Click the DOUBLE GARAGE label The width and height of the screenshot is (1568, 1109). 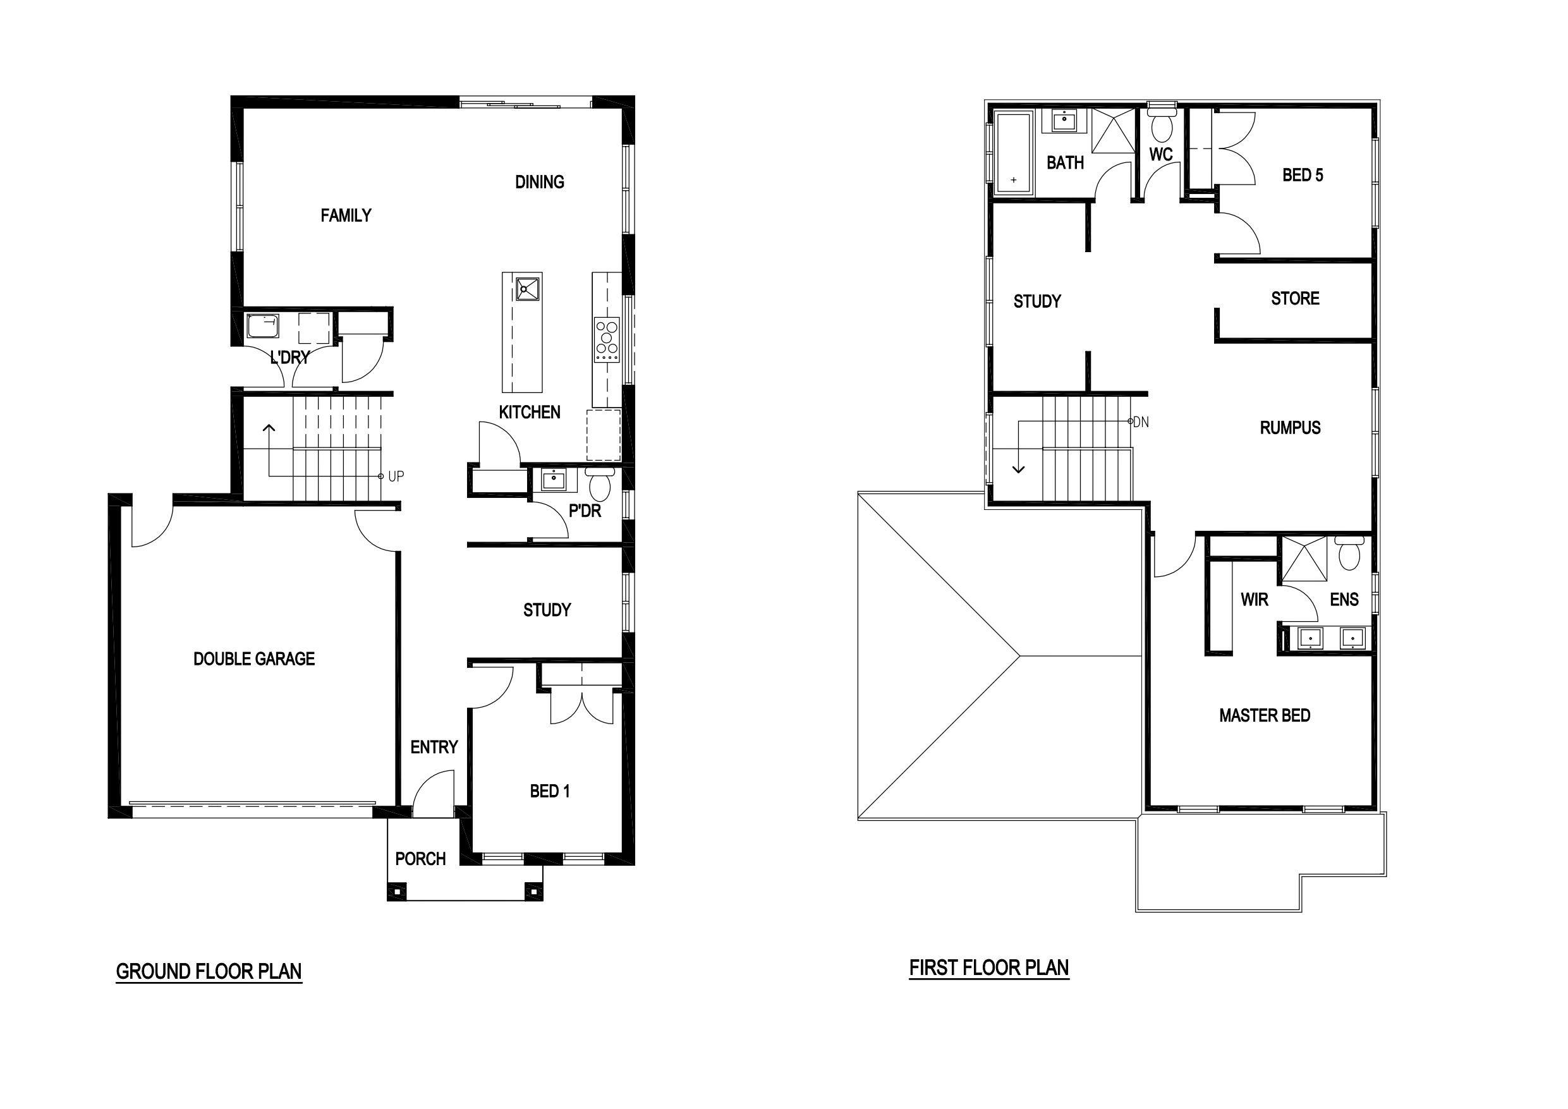(254, 659)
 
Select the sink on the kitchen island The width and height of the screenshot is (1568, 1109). (527, 288)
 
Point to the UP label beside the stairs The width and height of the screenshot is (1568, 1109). (396, 476)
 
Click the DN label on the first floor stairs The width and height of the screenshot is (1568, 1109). (1141, 423)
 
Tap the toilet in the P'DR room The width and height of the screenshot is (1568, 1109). (600, 485)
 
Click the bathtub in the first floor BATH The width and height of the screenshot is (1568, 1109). (1014, 154)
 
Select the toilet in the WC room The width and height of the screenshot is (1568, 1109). (1162, 126)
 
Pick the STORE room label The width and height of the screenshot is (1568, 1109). (1295, 298)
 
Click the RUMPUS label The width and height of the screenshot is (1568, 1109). (1290, 428)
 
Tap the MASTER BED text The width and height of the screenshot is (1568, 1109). (1265, 716)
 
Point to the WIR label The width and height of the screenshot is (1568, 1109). (1255, 600)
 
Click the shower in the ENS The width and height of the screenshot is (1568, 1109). (1304, 559)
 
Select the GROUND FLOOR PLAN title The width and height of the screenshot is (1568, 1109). (209, 971)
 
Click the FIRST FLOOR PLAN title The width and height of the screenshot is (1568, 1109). (989, 967)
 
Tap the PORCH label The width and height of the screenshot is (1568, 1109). (421, 859)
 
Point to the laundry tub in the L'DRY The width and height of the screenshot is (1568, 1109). (262, 327)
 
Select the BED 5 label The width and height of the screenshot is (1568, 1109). (1303, 176)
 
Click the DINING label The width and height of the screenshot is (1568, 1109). (540, 183)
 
